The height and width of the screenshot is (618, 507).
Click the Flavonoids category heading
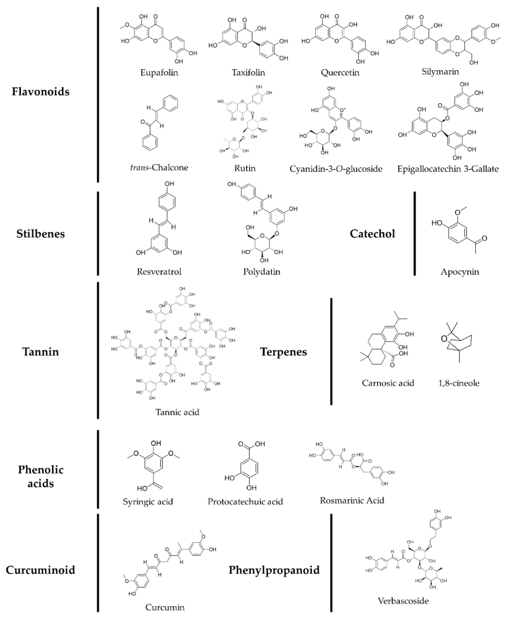41,92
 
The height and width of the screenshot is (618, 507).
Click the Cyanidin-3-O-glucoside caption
336,169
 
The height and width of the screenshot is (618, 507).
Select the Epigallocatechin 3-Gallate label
448,169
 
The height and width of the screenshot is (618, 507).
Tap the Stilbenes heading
41,234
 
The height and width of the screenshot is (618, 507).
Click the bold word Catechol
372,234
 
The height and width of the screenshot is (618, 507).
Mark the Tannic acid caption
177,412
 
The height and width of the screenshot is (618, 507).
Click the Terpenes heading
283,352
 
